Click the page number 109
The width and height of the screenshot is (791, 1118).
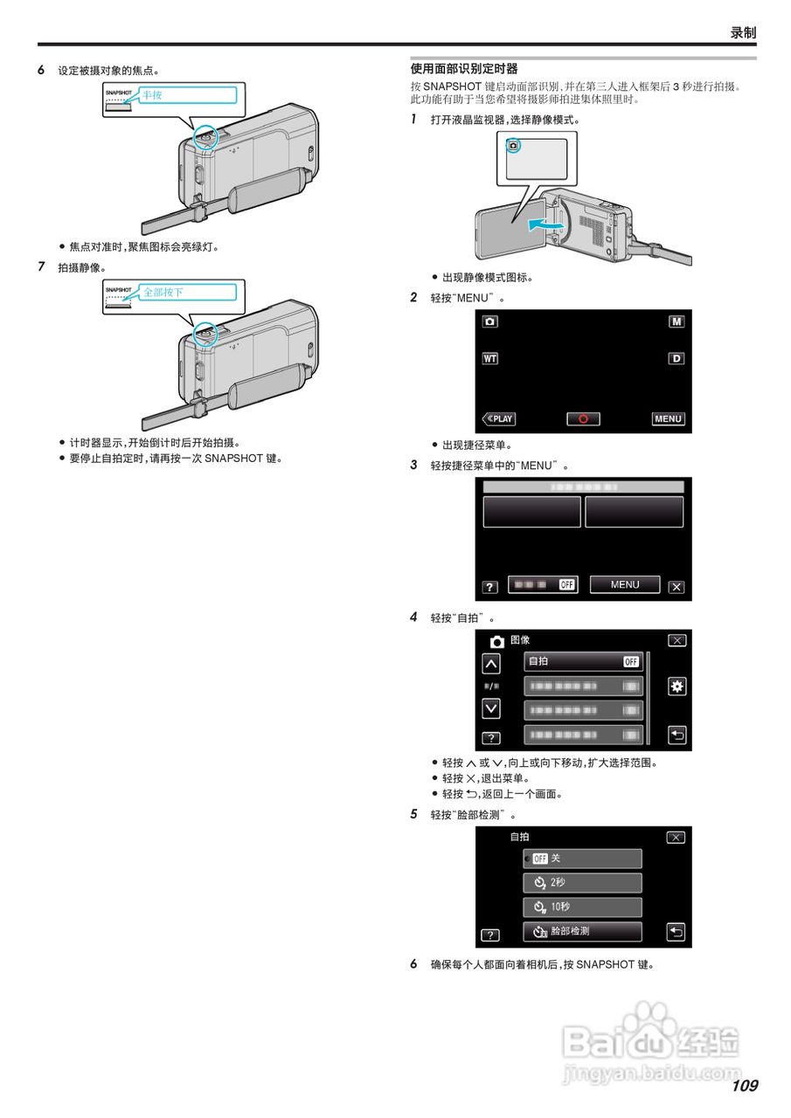point(745,1086)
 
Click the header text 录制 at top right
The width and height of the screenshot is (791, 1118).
point(743,32)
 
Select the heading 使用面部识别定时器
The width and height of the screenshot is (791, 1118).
point(464,69)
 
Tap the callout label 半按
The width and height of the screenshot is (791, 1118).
point(153,95)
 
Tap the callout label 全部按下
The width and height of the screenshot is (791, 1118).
point(163,293)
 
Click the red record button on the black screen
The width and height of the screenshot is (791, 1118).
point(583,419)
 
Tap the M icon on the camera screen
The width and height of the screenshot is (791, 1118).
point(677,321)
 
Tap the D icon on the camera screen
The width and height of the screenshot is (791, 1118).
point(677,358)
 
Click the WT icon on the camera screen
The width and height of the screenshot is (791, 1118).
point(489,358)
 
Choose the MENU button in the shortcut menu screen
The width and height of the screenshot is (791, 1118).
point(625,585)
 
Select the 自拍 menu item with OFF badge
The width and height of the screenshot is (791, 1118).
point(583,661)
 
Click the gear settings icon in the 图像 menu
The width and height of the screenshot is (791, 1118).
point(677,687)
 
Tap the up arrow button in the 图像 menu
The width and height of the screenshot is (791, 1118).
point(491,665)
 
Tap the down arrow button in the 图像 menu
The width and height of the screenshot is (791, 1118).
point(491,707)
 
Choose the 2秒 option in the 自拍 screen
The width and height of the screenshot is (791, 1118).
point(583,883)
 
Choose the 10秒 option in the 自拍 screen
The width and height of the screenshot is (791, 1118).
point(583,908)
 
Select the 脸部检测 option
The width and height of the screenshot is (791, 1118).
point(583,932)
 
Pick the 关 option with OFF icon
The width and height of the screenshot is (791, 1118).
point(583,859)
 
